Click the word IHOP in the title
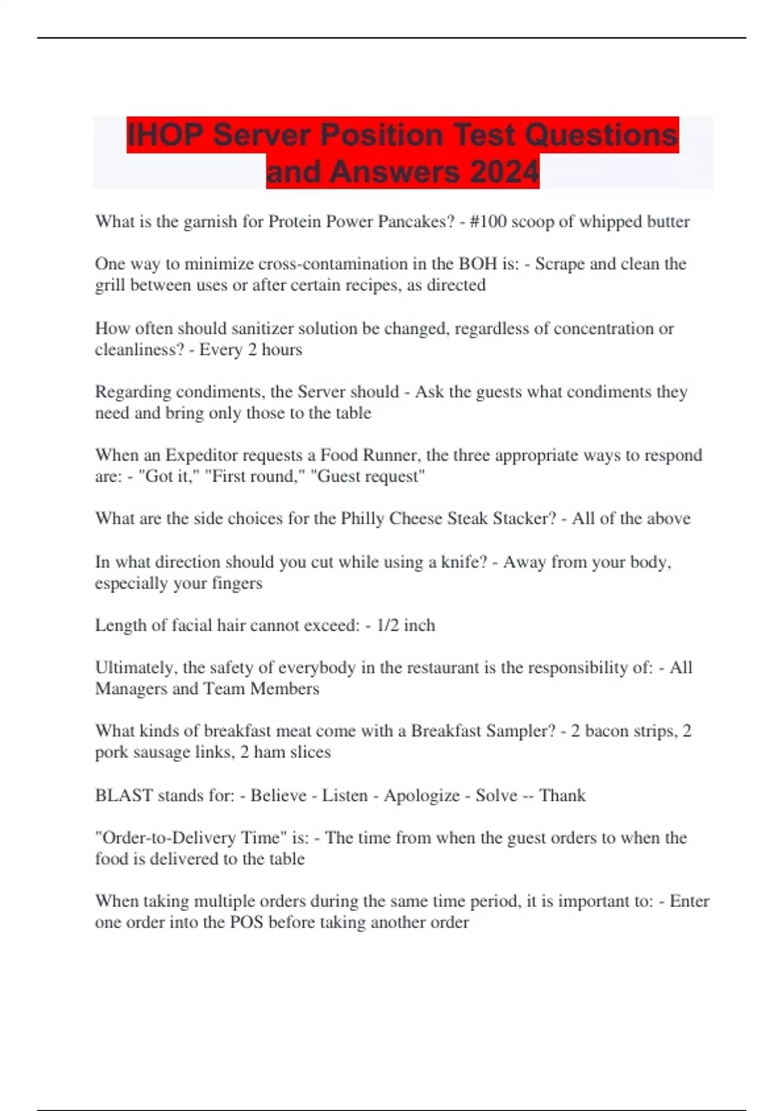coord(165,135)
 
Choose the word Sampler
coord(520,731)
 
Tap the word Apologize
coord(421,796)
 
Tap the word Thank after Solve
coord(562,795)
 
